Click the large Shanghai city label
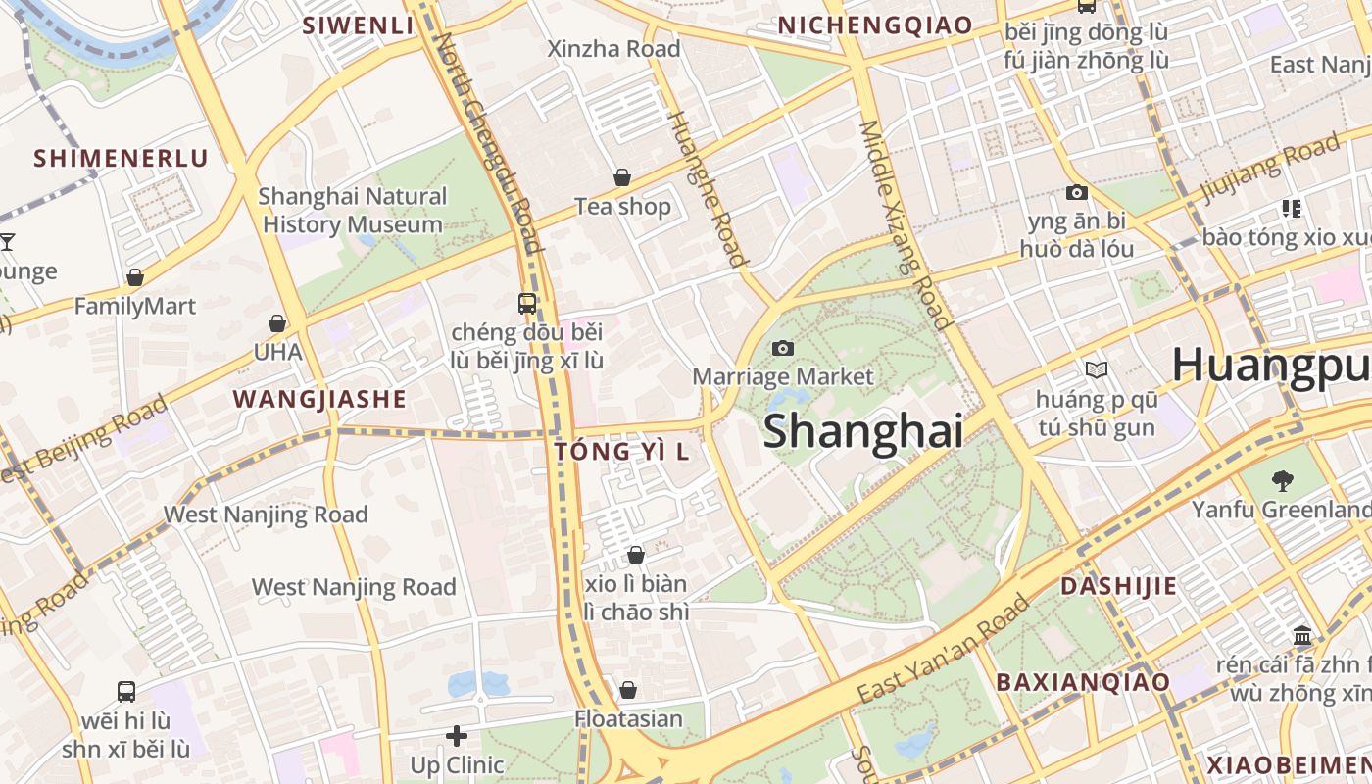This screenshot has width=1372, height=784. coord(862,431)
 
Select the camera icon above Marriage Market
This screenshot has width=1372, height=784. coord(782,348)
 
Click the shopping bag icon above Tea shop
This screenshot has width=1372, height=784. coord(621,177)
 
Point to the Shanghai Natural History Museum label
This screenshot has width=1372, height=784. coord(353,211)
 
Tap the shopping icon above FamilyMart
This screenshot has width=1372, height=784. coord(135,278)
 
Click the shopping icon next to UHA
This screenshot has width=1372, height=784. coord(277,323)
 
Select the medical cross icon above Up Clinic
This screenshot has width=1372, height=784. coord(457,735)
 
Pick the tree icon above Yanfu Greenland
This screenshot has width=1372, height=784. coord(1282,480)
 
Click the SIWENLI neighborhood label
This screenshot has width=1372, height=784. coord(359,26)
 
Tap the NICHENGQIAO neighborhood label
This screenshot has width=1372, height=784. coord(875,26)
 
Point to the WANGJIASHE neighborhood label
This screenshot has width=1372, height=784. coord(319,399)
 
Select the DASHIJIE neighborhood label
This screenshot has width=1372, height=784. coord(1118,586)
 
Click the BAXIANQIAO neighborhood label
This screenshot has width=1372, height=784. coord(1083,682)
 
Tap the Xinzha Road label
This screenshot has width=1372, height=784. coord(613,49)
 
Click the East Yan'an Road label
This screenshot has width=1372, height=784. coord(943,648)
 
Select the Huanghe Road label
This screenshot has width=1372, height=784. coord(707,188)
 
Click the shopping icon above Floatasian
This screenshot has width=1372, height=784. coord(628,690)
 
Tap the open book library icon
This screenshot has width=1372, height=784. coord(1096,369)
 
